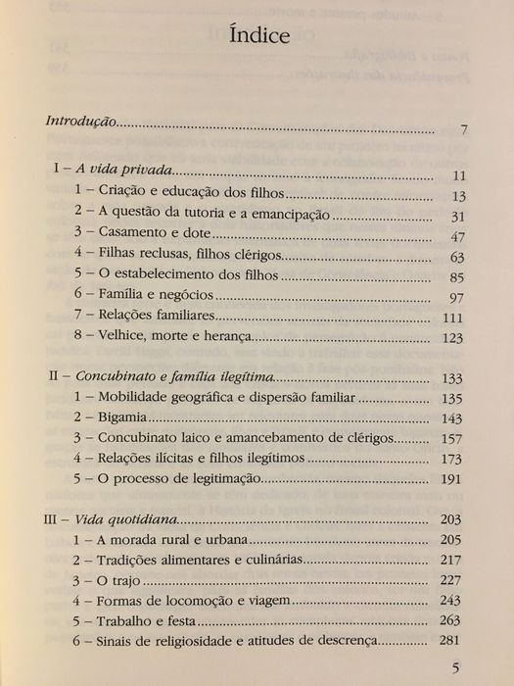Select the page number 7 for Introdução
pyautogui.click(x=465, y=130)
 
